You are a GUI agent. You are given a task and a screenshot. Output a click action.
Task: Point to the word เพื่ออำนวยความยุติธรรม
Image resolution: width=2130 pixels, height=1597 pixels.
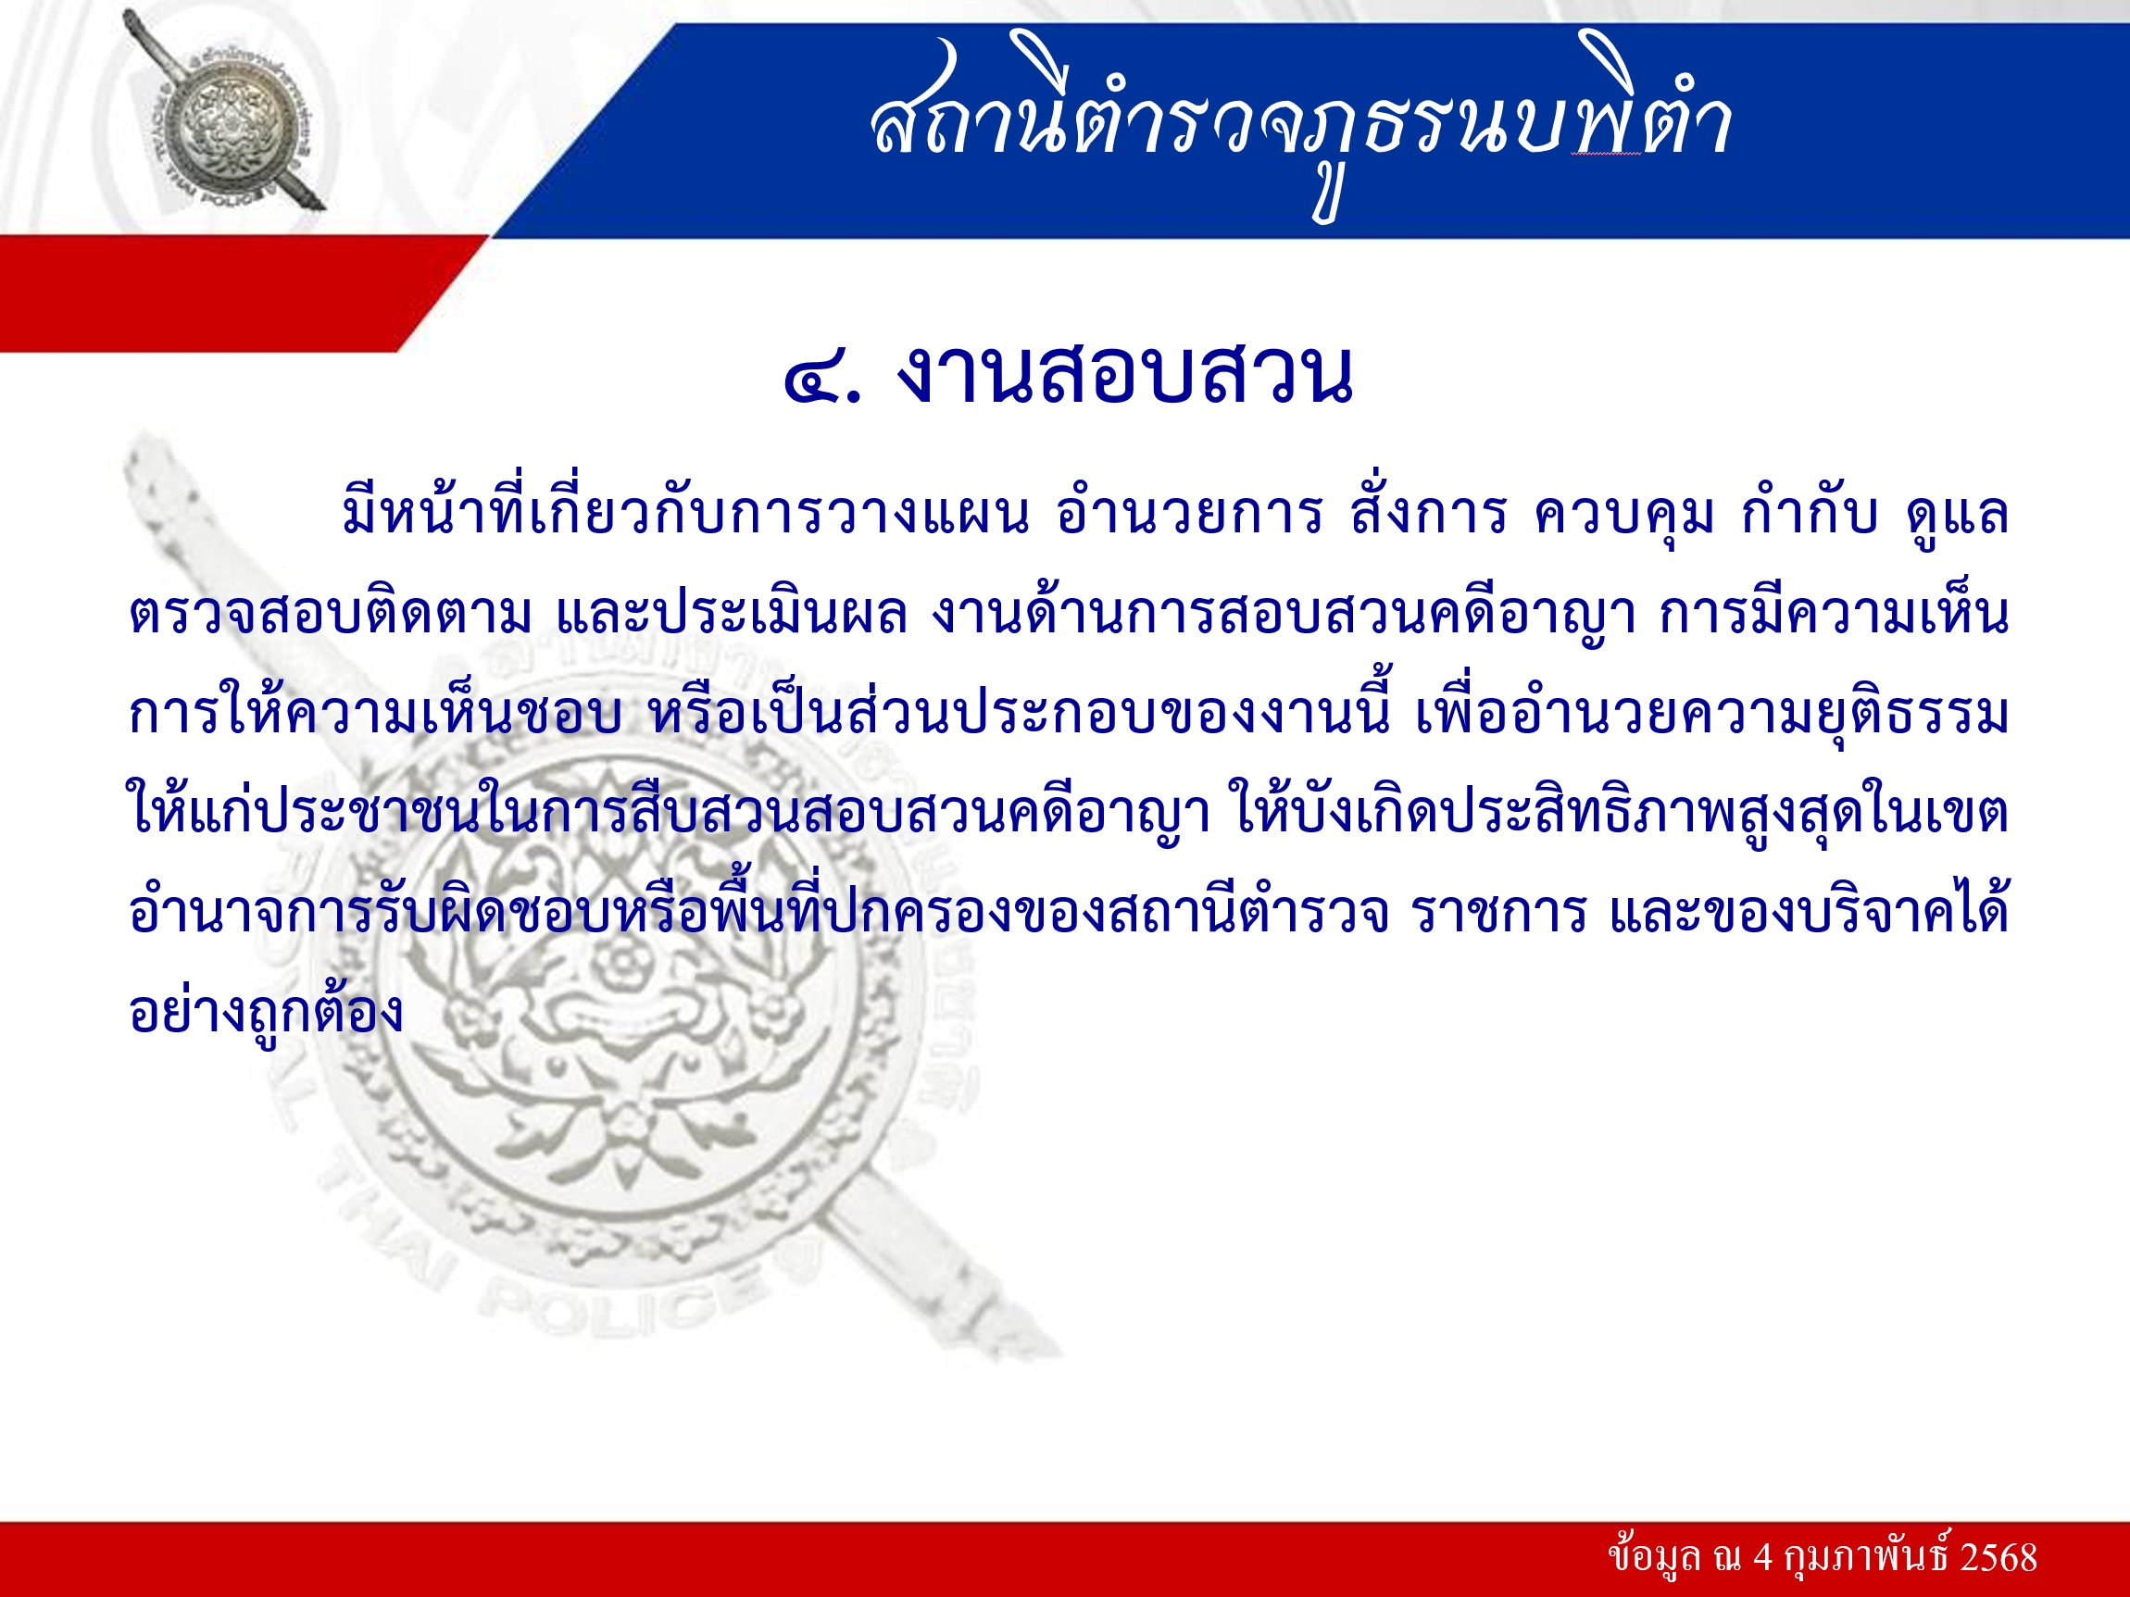(x=1712, y=712)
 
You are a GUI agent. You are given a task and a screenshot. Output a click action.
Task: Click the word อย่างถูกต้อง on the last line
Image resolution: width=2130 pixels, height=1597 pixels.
(x=266, y=1011)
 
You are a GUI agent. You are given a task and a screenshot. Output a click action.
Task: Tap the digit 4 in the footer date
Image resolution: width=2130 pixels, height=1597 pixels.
(x=1762, y=1557)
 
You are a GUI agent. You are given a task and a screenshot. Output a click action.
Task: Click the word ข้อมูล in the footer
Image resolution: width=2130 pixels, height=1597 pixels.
(x=1653, y=1556)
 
